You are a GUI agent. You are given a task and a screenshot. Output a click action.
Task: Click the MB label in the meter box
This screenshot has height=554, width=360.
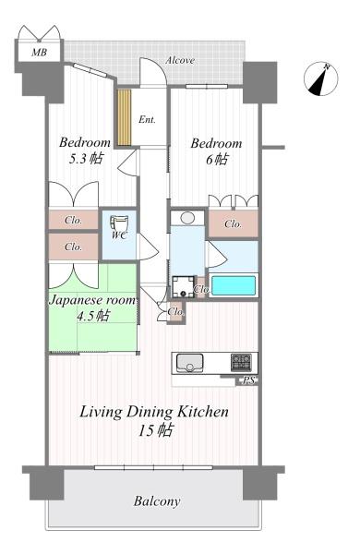[39, 53]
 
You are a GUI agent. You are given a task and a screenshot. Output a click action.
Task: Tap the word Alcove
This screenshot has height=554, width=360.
[180, 60]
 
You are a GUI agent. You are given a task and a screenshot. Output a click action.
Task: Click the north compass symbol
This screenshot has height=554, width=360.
[321, 78]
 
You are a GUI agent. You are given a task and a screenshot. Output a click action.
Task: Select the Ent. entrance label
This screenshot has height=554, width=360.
[147, 119]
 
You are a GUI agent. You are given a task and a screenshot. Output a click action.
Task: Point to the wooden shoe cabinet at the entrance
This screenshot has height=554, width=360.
[125, 117]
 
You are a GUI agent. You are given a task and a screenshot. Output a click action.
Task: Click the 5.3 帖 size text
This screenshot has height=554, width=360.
[86, 158]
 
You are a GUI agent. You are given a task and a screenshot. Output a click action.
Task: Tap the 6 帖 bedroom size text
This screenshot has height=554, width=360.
[217, 160]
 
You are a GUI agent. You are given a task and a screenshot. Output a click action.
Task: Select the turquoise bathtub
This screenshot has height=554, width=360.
[234, 286]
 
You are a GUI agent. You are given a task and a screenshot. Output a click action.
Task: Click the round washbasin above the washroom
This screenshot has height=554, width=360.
[187, 218]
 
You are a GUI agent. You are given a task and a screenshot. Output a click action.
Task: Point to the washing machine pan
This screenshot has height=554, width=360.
[183, 286]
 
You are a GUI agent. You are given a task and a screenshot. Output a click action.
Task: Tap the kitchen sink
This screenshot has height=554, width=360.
[190, 363]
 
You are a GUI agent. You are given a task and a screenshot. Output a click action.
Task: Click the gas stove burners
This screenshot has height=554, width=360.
[241, 362]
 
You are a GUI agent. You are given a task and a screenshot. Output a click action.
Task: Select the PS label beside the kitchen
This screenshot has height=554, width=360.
[248, 380]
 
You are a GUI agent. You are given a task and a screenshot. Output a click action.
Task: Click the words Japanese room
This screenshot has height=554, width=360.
[92, 300]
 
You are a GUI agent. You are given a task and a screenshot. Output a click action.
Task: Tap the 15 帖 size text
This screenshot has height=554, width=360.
[155, 430]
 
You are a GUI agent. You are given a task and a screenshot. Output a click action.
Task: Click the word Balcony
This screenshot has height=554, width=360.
[157, 501]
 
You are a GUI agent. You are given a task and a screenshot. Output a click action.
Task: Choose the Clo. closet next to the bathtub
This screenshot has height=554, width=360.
[201, 289]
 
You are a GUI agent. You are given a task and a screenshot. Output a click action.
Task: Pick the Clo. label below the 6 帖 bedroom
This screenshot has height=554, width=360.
[233, 223]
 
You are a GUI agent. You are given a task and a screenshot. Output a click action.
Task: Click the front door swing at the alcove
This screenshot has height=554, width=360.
[153, 72]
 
